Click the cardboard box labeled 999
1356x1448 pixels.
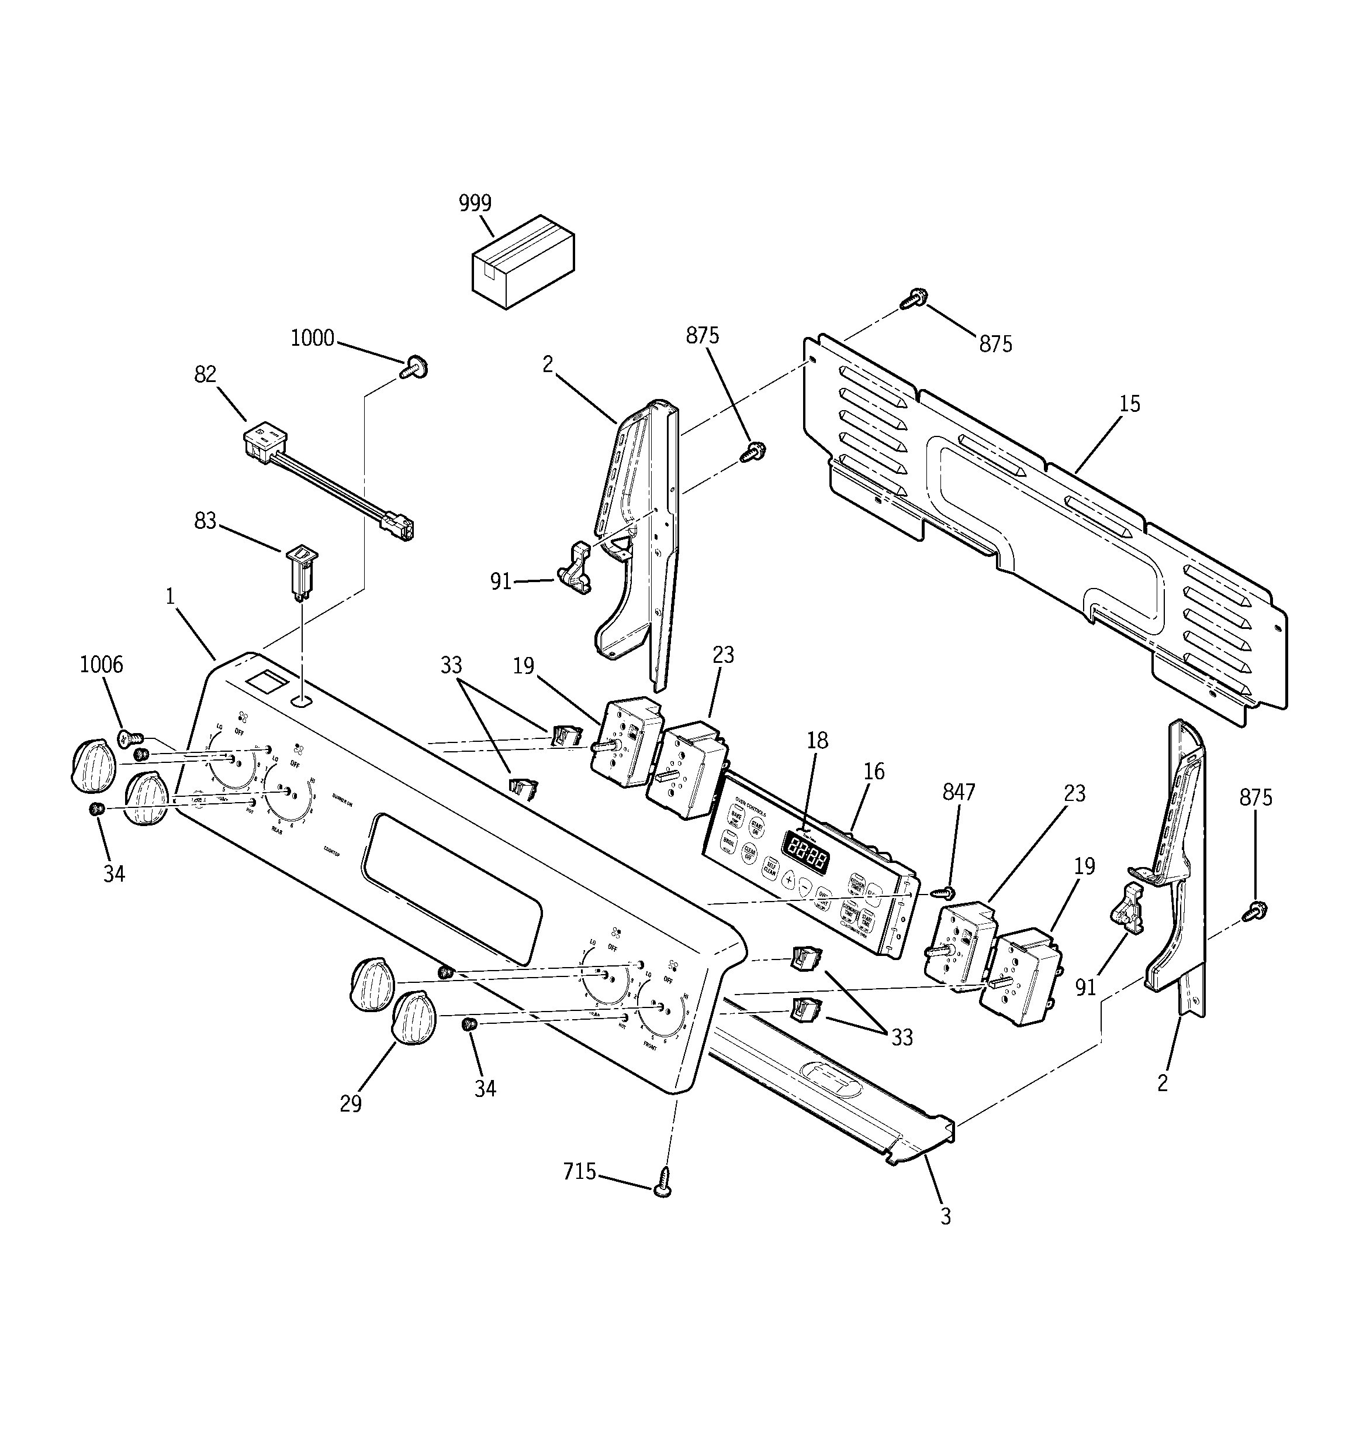(523, 263)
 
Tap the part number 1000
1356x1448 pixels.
(312, 338)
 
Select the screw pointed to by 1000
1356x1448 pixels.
(413, 366)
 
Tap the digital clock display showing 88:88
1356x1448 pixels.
(804, 852)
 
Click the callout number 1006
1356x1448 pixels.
(101, 664)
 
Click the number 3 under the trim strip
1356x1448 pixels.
(946, 1216)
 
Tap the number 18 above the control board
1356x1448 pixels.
(817, 740)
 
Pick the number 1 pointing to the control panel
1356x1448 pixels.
(169, 597)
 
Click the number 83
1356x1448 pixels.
(205, 521)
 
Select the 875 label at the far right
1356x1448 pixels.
(1255, 798)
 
